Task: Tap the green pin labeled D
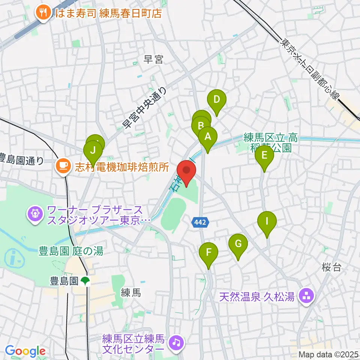point(217,100)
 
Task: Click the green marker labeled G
point(238,244)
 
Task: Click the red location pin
point(186,170)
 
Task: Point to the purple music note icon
point(175,341)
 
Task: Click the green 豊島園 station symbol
point(85,280)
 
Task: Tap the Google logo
point(25,351)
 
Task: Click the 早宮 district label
point(154,59)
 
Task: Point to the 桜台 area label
point(331,267)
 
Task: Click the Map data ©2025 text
point(328,354)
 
